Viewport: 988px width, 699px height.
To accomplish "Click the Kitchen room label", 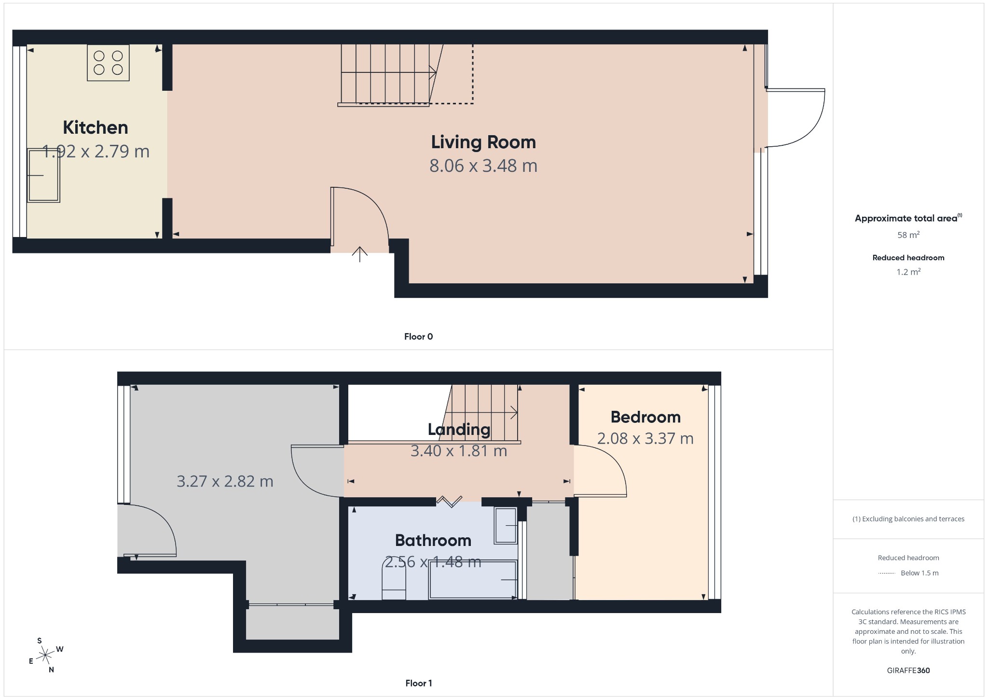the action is point(96,127).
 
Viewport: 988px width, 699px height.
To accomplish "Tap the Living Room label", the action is point(483,142).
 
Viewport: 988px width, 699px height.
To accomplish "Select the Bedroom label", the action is point(645,417).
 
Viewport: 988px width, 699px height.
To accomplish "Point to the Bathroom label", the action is point(433,540).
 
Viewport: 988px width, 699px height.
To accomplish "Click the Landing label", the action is point(459,429).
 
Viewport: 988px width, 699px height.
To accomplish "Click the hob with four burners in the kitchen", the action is point(108,63).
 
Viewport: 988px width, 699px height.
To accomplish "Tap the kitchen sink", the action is point(43,175).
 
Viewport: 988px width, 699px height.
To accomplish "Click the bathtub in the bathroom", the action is point(473,579).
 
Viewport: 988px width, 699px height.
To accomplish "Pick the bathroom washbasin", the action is point(506,525).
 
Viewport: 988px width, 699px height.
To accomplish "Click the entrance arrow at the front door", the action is point(359,254).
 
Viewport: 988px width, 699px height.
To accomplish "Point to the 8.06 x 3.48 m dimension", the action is point(483,166).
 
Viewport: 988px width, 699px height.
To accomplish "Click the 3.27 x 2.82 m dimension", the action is point(225,481).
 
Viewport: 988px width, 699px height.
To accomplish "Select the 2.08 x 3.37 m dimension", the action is point(645,438).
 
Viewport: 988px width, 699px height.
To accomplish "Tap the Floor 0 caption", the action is point(418,336).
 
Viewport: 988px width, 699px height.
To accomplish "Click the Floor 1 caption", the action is point(418,683).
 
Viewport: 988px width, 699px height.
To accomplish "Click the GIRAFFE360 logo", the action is point(908,670).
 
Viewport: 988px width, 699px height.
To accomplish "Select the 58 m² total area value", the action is point(908,235).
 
